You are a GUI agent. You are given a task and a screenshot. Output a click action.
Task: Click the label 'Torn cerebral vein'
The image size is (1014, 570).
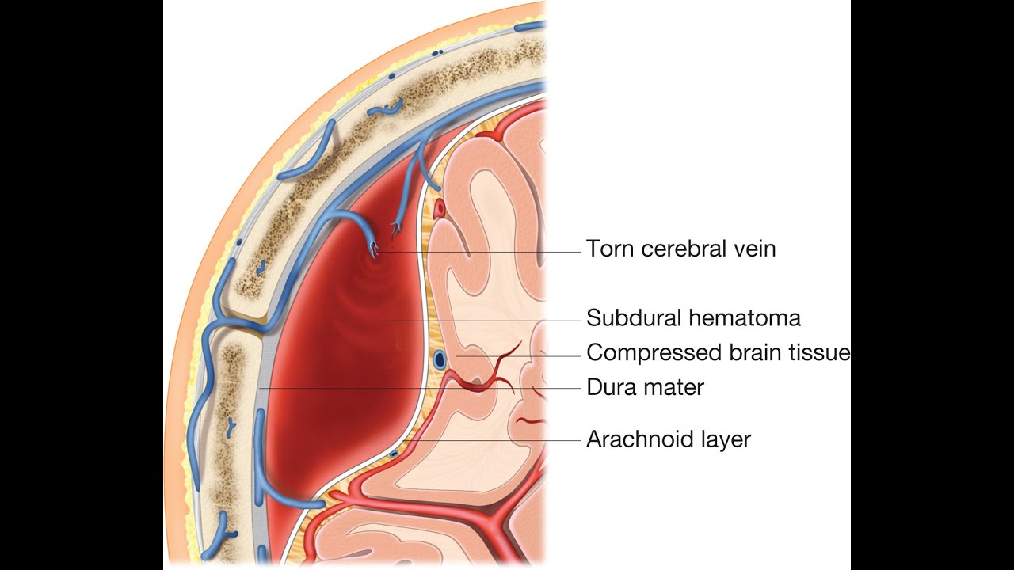(680, 249)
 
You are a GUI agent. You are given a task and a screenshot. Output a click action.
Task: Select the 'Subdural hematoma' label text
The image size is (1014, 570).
(693, 318)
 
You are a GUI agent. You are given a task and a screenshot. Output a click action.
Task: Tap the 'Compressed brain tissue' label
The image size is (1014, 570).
(718, 352)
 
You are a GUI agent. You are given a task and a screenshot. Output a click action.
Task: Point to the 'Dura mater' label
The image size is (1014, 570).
(645, 388)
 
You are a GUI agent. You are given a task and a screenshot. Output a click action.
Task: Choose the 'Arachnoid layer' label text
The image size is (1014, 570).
(668, 439)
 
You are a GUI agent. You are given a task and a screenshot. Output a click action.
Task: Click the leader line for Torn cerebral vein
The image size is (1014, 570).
(491, 252)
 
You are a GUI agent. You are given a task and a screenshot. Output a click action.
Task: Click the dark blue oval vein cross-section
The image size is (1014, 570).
(439, 359)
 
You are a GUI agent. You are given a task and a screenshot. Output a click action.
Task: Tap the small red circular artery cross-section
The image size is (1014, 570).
(440, 210)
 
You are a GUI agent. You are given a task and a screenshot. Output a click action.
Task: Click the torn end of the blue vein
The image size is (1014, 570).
(372, 252)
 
